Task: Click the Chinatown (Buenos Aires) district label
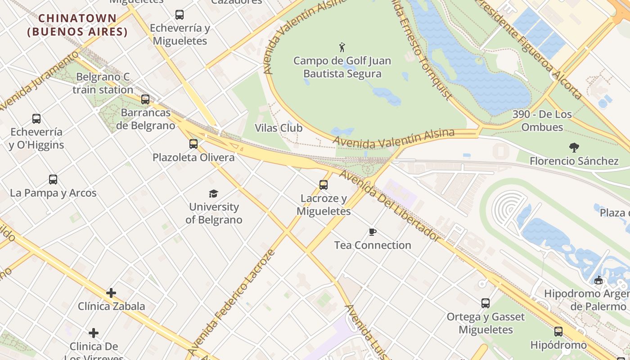click(77, 25)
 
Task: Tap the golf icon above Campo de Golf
click(342, 47)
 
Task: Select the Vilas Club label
click(279, 128)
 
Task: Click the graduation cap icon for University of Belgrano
click(213, 193)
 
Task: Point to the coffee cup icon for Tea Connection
click(373, 232)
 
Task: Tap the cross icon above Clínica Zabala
click(111, 293)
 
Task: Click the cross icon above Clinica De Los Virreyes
click(94, 333)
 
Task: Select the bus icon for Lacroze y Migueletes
click(324, 184)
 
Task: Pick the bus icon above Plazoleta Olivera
click(193, 144)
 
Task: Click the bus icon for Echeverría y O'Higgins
click(36, 119)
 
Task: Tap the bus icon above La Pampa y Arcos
click(53, 180)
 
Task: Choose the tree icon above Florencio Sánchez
click(574, 147)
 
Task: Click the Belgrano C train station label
click(103, 83)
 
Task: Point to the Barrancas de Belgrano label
click(145, 119)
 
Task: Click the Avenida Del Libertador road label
click(389, 205)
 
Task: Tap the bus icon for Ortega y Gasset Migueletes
click(486, 303)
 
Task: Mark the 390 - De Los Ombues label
click(542, 121)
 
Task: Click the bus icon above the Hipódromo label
click(558, 332)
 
